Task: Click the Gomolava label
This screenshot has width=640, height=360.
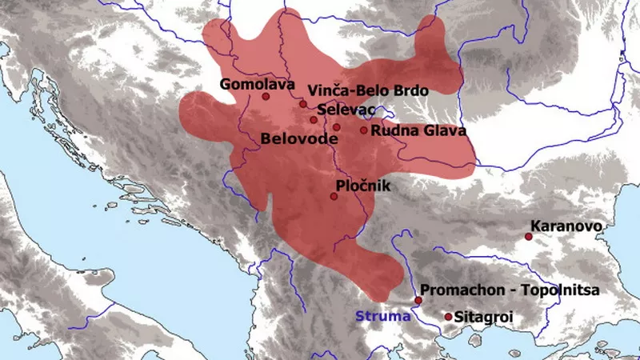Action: coord(253,82)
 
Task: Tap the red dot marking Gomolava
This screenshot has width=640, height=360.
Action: coord(266,96)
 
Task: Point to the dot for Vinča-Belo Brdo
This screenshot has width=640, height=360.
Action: coord(302,104)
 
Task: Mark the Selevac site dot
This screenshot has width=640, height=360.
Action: coord(314,120)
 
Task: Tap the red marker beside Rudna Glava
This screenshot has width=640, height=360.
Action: coord(363,130)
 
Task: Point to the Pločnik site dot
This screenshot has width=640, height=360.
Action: coord(334,196)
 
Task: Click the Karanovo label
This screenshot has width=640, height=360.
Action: coord(566,226)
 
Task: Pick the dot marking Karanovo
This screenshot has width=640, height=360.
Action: coord(528,236)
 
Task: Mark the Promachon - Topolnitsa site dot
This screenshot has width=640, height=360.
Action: coord(418,300)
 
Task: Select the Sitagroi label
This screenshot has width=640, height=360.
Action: coord(482,318)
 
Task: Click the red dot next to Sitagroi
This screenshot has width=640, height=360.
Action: coord(448,317)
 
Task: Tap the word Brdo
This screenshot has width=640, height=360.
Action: coord(410,90)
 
